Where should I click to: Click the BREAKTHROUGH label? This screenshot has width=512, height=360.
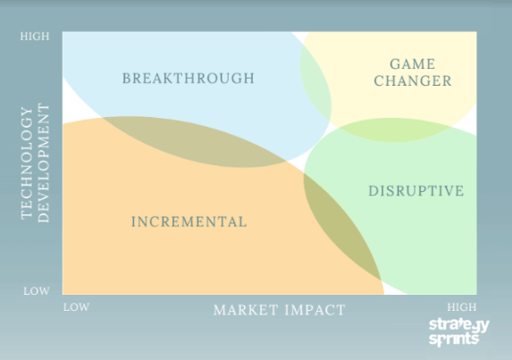[x=189, y=79]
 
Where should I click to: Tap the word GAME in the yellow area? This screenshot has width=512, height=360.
[x=413, y=64]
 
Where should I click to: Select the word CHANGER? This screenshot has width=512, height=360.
[x=413, y=81]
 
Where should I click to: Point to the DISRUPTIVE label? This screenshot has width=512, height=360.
[x=416, y=191]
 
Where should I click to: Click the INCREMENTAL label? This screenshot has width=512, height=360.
[x=189, y=222]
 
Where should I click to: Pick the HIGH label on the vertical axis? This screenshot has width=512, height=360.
[x=35, y=37]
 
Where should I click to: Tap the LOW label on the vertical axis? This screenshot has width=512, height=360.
[x=37, y=291]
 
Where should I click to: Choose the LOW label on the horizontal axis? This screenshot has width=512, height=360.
[x=77, y=307]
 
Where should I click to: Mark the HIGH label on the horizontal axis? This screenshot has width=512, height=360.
[x=462, y=307]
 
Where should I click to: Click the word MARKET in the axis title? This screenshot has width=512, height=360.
[x=246, y=310]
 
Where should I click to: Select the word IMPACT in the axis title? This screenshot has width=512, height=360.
[x=315, y=310]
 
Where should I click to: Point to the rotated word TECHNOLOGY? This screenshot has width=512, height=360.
[x=27, y=163]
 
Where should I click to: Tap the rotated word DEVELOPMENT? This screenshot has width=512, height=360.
[x=44, y=163]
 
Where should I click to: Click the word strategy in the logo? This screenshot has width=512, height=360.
[x=459, y=325]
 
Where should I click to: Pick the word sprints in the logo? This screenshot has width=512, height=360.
[x=454, y=339]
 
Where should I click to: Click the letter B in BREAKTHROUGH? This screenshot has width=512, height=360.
[x=126, y=79]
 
